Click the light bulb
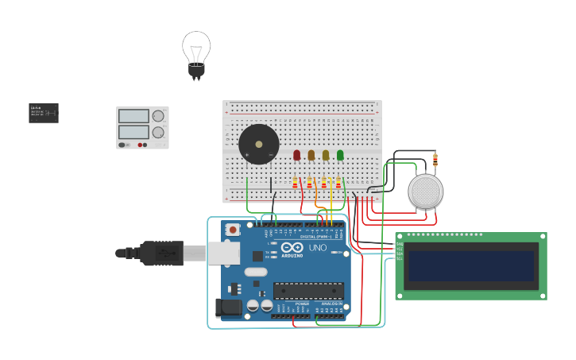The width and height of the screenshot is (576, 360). click(x=196, y=51)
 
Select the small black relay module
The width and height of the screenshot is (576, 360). click(x=44, y=113)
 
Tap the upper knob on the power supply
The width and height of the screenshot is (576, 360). click(x=158, y=116)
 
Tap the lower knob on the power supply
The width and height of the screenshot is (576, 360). click(x=158, y=132)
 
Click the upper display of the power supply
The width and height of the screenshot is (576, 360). click(x=133, y=116)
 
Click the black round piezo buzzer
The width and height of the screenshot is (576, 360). click(x=259, y=145)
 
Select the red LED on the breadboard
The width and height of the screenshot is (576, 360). click(x=297, y=155)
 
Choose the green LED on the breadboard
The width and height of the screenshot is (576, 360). click(x=340, y=155)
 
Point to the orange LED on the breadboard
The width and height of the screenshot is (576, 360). click(x=311, y=155)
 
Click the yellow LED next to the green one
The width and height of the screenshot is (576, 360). click(x=326, y=155)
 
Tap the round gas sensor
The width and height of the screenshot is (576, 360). click(x=426, y=192)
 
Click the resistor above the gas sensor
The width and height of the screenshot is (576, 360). click(x=435, y=160)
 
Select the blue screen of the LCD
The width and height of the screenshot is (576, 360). click(x=470, y=266)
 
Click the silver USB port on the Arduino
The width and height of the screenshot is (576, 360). click(x=223, y=253)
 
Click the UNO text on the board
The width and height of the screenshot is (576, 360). click(x=317, y=247)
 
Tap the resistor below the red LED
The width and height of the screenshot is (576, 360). click(x=296, y=183)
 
